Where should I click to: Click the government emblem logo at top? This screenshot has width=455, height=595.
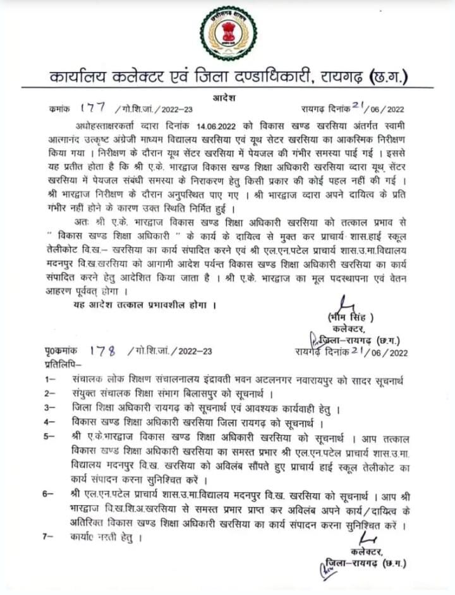(228, 33)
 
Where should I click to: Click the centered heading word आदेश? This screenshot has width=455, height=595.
(228, 95)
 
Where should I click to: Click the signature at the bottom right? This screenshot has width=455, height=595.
(367, 539)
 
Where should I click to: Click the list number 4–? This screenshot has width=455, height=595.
(50, 421)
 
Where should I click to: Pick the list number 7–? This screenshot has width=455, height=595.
(50, 538)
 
